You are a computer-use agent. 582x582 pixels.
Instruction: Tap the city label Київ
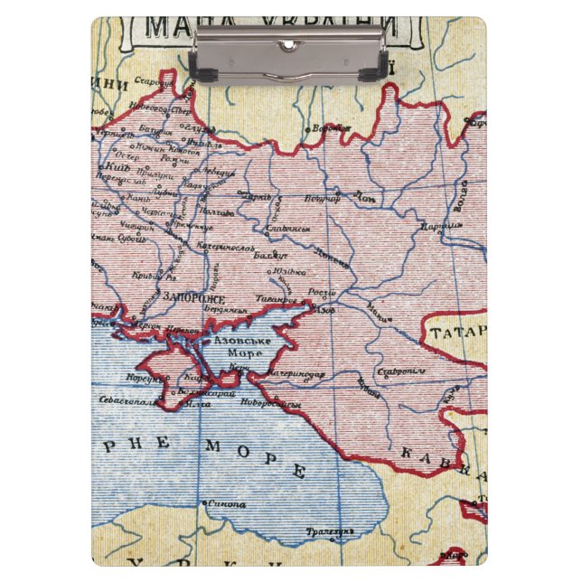click(x=118, y=168)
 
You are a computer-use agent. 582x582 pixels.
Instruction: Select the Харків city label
click(x=257, y=195)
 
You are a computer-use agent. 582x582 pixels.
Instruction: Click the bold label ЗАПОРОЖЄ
click(x=194, y=296)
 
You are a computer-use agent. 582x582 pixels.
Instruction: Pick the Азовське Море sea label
click(x=238, y=349)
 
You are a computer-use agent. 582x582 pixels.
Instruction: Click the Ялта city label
click(x=199, y=404)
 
